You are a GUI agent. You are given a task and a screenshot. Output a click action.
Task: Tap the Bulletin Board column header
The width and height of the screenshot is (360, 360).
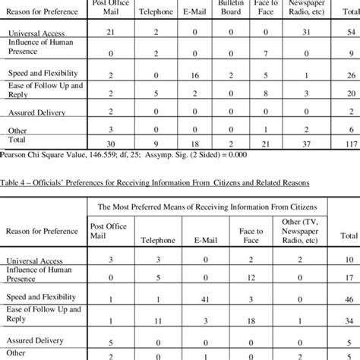click(x=231, y=8)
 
